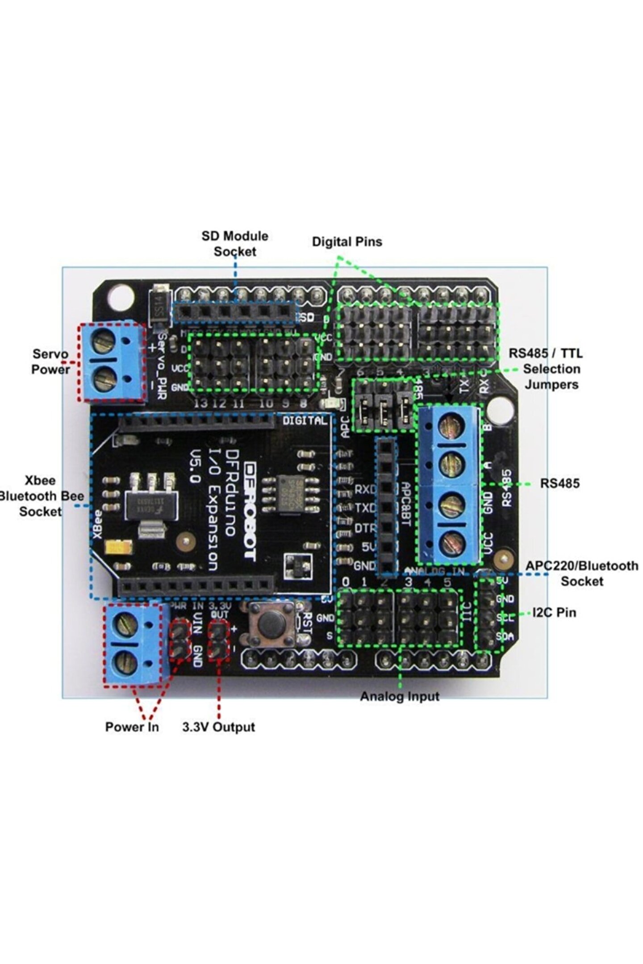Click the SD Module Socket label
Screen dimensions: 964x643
click(x=235, y=244)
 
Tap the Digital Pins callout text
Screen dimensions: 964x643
click(x=347, y=242)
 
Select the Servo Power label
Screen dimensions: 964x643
click(x=50, y=362)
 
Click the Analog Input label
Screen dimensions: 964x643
click(x=400, y=696)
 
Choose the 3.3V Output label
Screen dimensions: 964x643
click(x=218, y=727)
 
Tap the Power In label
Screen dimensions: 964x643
click(x=132, y=727)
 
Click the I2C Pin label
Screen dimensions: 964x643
click(x=554, y=612)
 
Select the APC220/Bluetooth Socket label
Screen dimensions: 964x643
click(x=582, y=573)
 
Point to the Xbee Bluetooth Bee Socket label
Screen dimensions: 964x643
click(x=41, y=496)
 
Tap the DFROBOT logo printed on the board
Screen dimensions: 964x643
click(x=251, y=511)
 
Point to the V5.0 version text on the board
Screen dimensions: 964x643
click(x=195, y=466)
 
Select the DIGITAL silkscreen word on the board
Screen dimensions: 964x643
click(x=305, y=420)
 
